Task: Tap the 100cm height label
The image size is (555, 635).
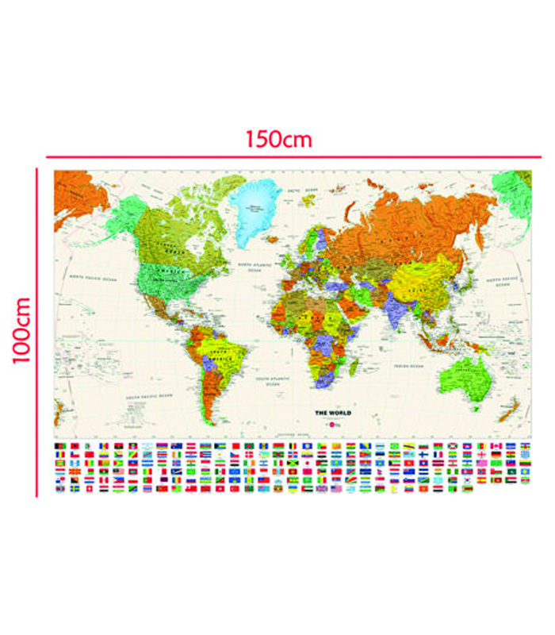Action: (21, 329)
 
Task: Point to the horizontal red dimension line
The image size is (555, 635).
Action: (277, 157)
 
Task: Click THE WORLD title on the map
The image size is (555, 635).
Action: (333, 414)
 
